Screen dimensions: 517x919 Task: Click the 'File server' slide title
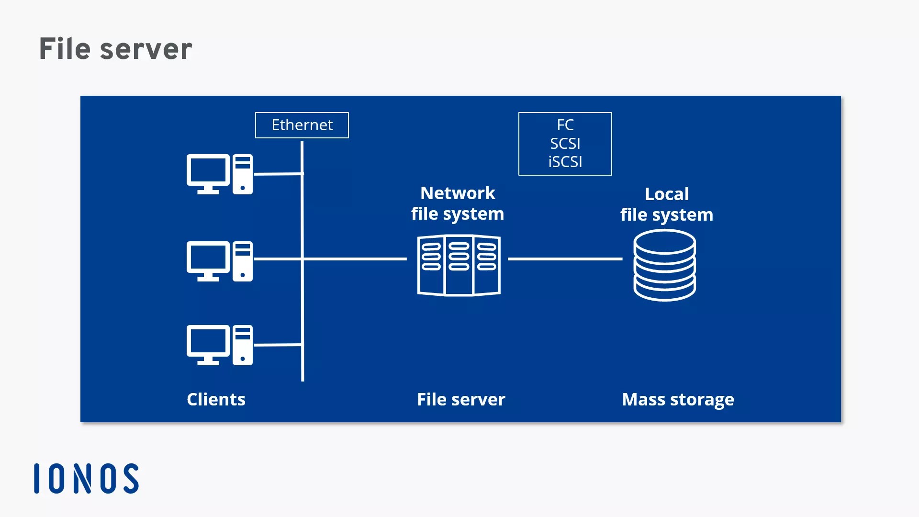pos(115,49)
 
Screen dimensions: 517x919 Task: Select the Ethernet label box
pos(302,125)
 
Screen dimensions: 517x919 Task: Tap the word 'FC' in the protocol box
pos(565,125)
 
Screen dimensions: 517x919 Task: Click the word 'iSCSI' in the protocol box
pos(565,162)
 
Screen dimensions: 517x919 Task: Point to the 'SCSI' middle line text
pos(565,144)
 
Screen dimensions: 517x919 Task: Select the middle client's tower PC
pos(243,261)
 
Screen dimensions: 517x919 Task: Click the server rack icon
pos(459,265)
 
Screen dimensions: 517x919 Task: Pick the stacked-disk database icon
pos(665,265)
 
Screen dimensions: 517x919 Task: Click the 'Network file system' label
pos(458,203)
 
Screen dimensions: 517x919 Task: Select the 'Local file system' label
pos(667,204)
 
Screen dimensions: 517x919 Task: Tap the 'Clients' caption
pos(216,399)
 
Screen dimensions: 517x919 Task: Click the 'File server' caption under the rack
pos(461,399)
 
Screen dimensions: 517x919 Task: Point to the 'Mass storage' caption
pos(678,399)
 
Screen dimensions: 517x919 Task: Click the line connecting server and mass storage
pos(565,259)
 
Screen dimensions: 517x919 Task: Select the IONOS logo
pos(87,478)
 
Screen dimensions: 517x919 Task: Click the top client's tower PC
pos(243,174)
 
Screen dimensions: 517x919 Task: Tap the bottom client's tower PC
pos(243,345)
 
